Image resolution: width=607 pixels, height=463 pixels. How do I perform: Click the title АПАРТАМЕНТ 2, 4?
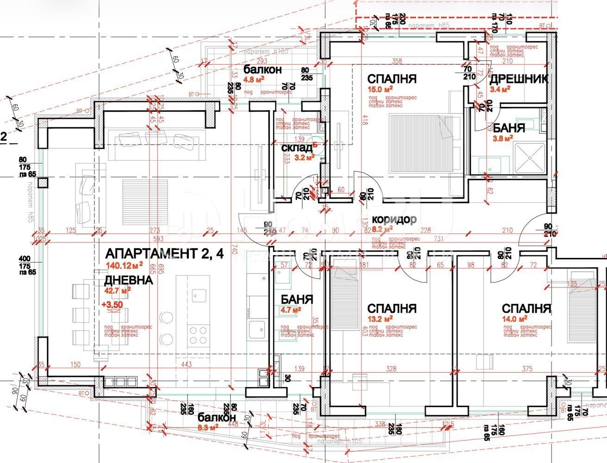point(165,253)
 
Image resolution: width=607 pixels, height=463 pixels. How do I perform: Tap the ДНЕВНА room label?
point(128,280)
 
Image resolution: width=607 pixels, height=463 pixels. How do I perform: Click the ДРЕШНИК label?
point(519,79)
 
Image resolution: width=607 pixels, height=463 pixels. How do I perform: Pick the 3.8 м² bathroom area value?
point(501,138)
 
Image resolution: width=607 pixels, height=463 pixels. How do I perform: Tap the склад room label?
point(297,148)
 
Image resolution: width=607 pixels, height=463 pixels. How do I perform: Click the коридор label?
point(394,219)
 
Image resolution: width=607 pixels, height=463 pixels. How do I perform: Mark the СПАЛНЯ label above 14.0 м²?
point(526,308)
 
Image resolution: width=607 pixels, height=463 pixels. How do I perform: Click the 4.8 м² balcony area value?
point(254,79)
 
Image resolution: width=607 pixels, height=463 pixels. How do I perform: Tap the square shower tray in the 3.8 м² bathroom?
point(531,157)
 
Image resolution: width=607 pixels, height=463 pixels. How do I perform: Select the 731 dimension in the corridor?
point(438,239)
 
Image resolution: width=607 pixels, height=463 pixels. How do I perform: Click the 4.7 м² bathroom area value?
point(290,310)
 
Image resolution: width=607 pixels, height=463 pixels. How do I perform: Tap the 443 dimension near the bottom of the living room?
point(187,365)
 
